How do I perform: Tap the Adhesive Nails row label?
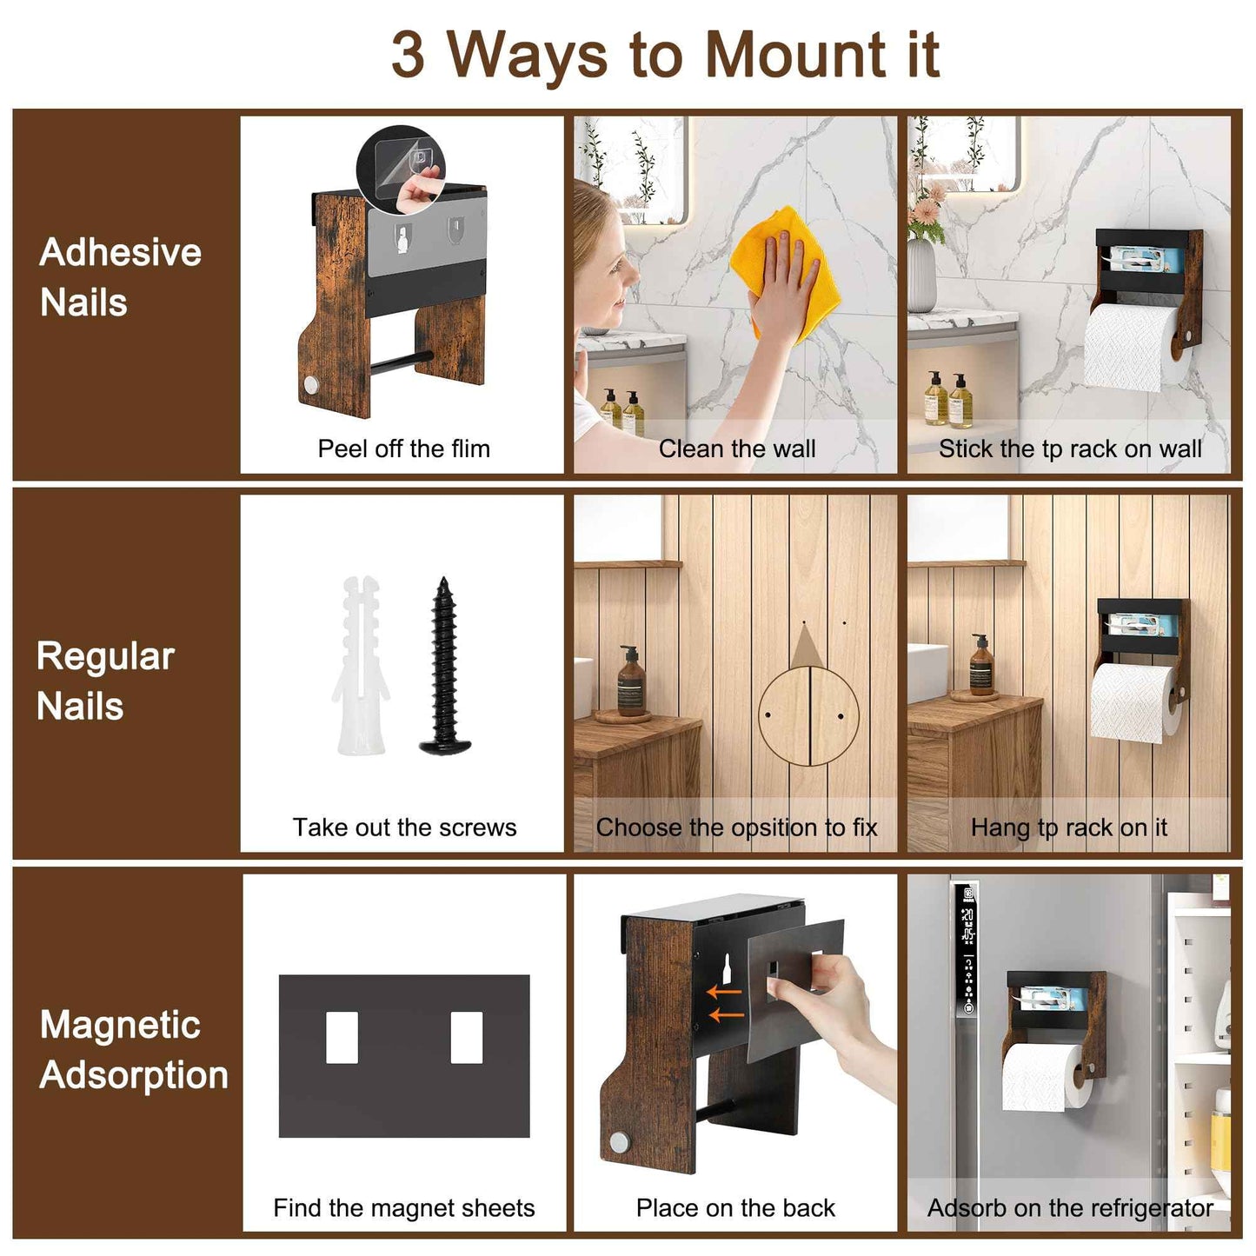pyautogui.click(x=120, y=277)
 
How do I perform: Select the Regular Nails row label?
pyautogui.click(x=105, y=681)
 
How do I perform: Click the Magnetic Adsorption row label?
pyautogui.click(x=134, y=1049)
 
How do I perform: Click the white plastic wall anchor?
pyautogui.click(x=362, y=665)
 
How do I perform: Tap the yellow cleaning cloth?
pyautogui.click(x=785, y=269)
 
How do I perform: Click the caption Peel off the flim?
pyautogui.click(x=403, y=449)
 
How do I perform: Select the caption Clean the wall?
pyautogui.click(x=736, y=449)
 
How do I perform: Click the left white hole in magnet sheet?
pyautogui.click(x=342, y=1037)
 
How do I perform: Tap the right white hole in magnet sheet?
pyautogui.click(x=467, y=1037)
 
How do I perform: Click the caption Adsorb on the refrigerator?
pyautogui.click(x=1069, y=1207)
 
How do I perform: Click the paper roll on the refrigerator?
pyautogui.click(x=1040, y=1078)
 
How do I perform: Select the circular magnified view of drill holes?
pyautogui.click(x=808, y=716)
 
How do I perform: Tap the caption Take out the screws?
pyautogui.click(x=404, y=827)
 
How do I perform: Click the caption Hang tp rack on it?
pyautogui.click(x=1068, y=827)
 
